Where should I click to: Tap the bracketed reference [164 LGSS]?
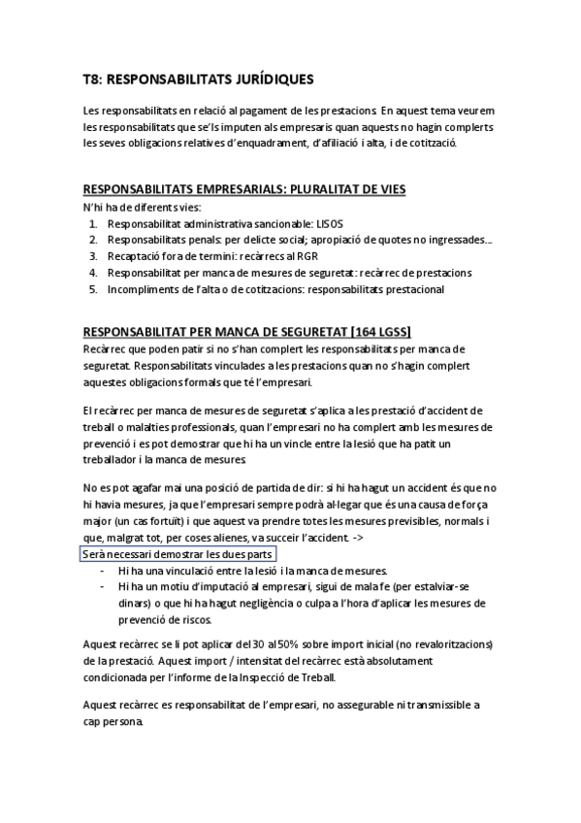[x=382, y=330]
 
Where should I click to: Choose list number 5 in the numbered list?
[x=93, y=288]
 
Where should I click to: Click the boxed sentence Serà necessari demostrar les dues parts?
[x=178, y=553]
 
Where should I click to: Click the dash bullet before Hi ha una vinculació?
[x=103, y=570]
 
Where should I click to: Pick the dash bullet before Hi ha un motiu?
[x=103, y=586]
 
